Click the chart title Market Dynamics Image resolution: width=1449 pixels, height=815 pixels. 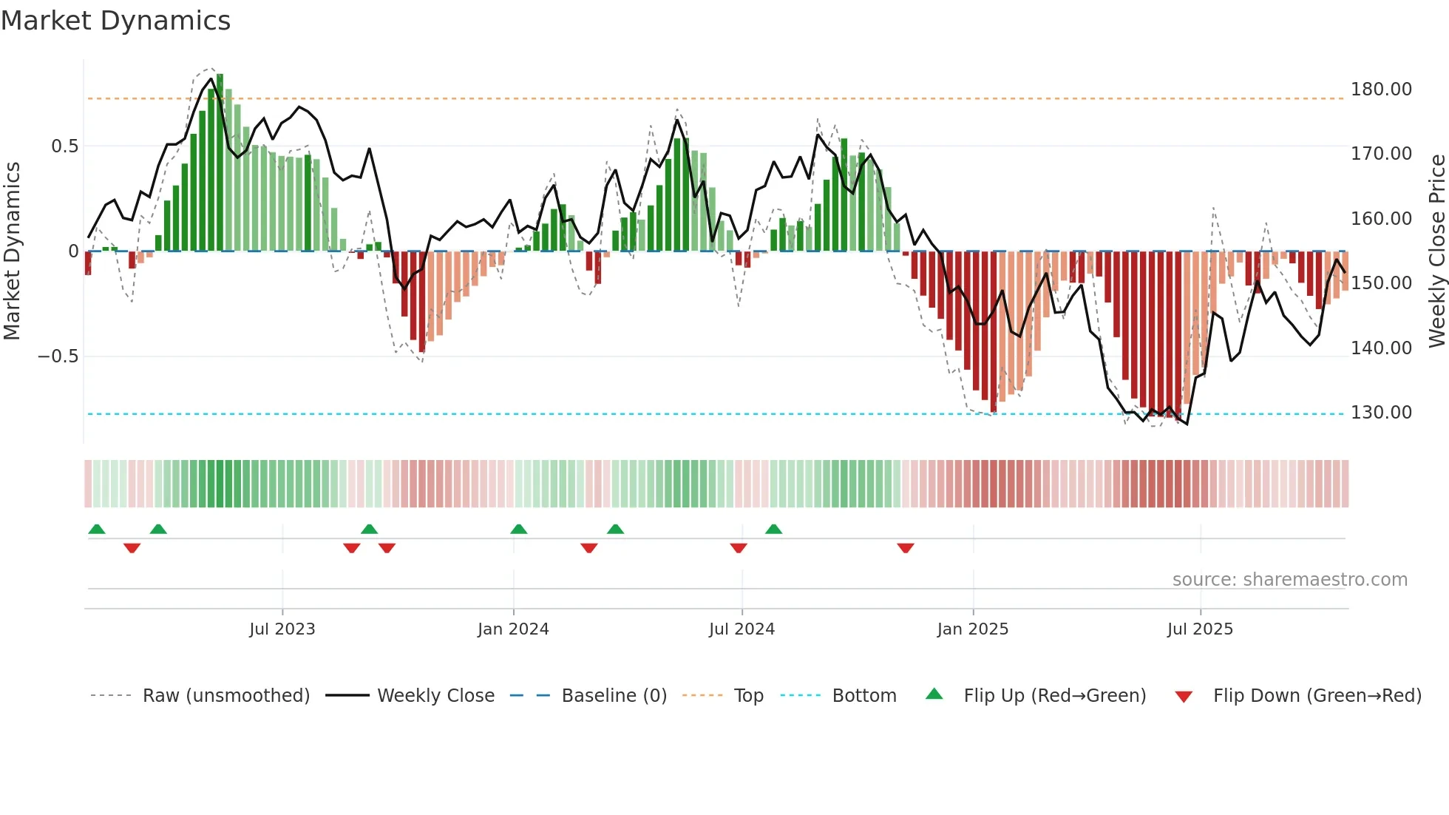coord(116,21)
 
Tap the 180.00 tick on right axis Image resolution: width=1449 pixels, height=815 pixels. coord(1381,89)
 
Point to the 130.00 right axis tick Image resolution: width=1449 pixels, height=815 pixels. coord(1381,413)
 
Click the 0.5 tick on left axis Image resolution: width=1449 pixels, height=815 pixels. coord(64,146)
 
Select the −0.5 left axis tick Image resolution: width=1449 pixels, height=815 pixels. coord(58,356)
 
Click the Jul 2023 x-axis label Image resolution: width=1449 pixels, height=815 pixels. coord(282,629)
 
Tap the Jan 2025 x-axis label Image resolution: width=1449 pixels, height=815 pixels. coord(972,629)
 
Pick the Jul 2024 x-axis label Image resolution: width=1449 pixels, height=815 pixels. coord(742,629)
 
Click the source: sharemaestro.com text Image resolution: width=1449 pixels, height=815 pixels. coord(1289,580)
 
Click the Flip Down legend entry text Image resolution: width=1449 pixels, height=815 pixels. coord(1317,696)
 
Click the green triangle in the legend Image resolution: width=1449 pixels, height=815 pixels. coord(934,694)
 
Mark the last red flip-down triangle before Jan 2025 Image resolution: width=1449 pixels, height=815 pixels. coord(906,548)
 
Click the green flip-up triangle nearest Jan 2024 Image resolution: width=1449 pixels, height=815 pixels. coord(519,529)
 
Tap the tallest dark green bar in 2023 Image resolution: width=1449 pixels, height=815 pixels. coord(220,163)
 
